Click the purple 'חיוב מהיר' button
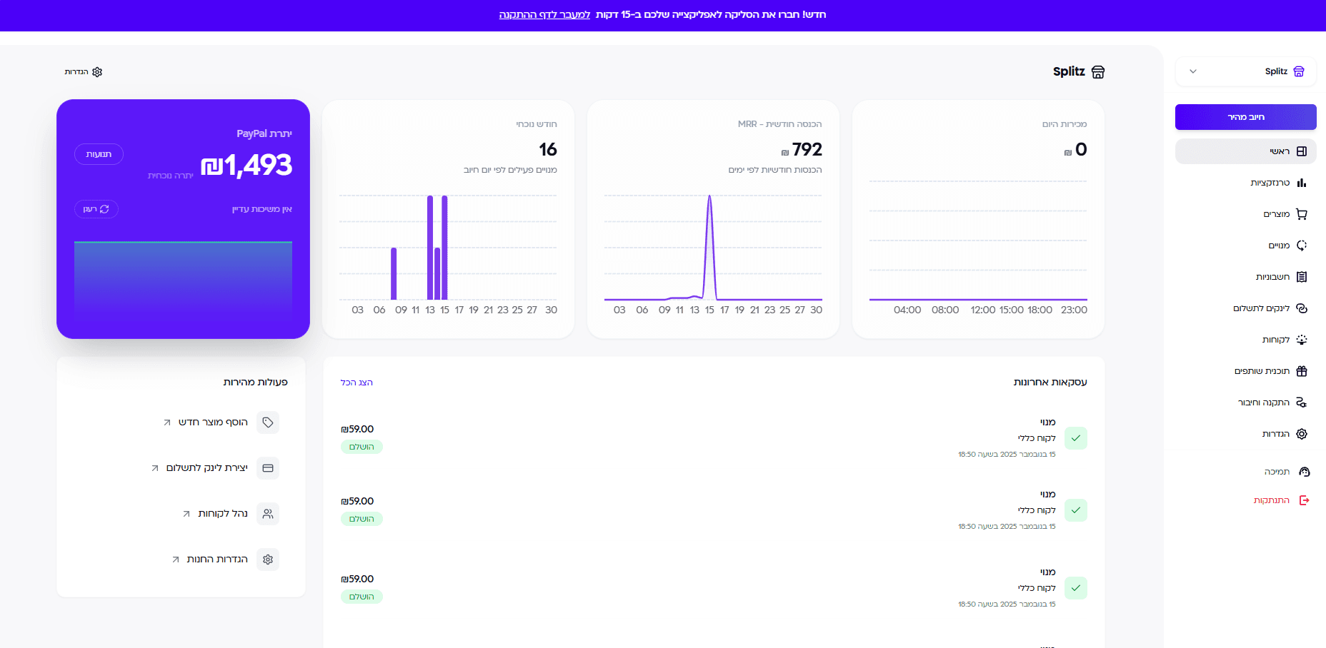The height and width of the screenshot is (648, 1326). pos(1245,117)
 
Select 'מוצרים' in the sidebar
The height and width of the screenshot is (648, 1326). pos(1277,214)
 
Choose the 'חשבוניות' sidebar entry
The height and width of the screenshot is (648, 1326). pos(1273,277)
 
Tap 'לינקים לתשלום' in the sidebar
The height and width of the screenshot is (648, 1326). pos(1262,308)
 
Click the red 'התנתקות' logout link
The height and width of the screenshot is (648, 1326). pos(1272,500)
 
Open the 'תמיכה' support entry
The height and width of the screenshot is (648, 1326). pos(1277,472)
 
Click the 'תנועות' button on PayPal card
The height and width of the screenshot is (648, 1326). pos(99,154)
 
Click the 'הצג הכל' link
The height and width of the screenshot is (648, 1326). pos(357,383)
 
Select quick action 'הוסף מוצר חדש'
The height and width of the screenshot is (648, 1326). pos(213,422)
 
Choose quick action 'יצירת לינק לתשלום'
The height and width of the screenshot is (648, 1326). pos(207,468)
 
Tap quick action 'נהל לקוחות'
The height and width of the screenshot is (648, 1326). pos(223,514)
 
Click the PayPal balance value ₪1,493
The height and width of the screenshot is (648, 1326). pos(247,166)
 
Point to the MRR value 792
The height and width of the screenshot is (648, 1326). pos(807,150)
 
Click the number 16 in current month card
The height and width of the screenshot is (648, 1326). pos(548,150)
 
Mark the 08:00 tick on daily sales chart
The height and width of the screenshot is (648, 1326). pos(945,310)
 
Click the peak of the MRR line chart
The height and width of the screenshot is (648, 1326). pos(709,196)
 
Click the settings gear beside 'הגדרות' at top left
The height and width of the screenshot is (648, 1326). pos(97,72)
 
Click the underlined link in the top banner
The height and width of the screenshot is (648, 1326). pos(544,14)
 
